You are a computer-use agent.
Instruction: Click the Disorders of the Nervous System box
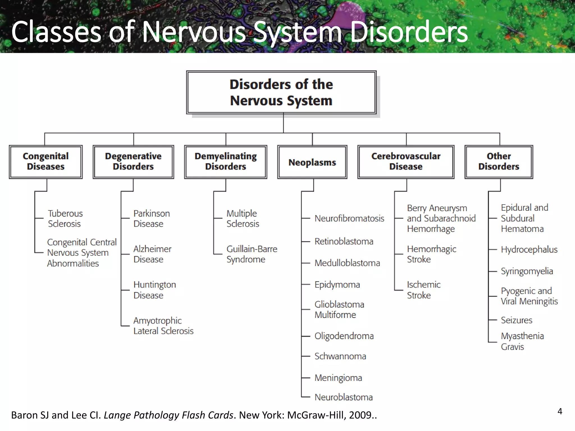point(281,92)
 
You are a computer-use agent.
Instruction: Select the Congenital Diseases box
point(45,162)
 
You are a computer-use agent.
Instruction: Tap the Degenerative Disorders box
point(133,162)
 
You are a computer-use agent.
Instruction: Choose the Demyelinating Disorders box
point(225,162)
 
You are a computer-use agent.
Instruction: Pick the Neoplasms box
point(312,162)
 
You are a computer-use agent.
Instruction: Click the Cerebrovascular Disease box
point(406,162)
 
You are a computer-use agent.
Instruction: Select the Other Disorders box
point(499,162)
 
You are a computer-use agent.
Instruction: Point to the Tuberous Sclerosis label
point(65,219)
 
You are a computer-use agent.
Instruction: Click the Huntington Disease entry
point(154,290)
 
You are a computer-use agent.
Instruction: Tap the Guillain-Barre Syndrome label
point(252,254)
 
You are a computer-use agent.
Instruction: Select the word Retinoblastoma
point(344,241)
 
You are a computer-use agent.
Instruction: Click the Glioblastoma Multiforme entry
point(339,310)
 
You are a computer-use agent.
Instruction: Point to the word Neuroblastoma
point(344,397)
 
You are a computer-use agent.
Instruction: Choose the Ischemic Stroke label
point(423,290)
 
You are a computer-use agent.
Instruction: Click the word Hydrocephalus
point(529,249)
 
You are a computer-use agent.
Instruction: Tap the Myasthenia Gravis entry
point(522,341)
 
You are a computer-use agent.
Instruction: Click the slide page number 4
point(560,411)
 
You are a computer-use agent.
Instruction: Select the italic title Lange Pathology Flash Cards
point(168,415)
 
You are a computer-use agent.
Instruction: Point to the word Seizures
point(517,320)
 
